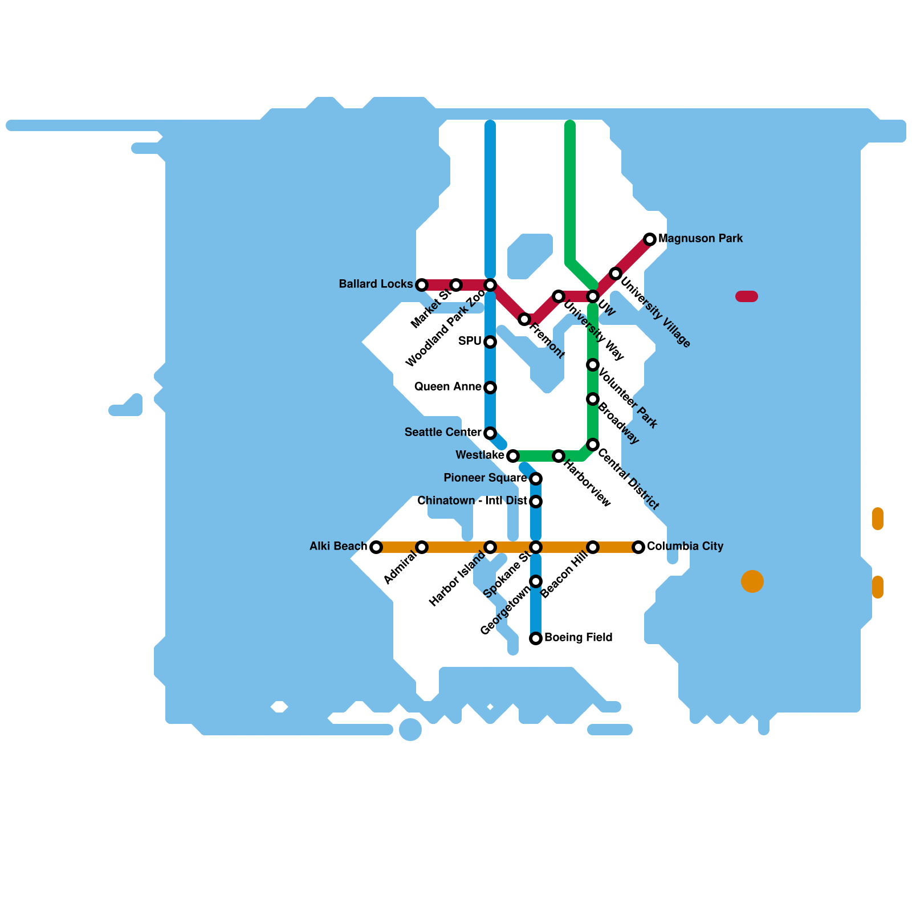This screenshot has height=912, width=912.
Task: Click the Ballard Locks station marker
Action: click(422, 285)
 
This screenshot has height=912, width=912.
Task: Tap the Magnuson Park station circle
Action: click(650, 239)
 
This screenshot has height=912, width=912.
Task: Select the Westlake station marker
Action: click(513, 456)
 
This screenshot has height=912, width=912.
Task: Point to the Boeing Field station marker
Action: click(536, 638)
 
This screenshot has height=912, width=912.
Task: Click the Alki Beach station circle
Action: click(376, 547)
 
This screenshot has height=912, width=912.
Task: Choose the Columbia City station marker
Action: click(638, 547)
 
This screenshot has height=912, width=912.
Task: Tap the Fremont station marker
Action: click(524, 319)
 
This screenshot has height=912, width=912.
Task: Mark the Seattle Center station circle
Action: click(490, 433)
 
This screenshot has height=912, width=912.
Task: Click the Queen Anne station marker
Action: click(490, 388)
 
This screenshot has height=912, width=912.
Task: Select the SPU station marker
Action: click(490, 342)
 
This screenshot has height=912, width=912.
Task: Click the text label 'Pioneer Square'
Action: click(485, 478)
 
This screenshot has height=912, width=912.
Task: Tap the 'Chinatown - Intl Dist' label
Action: click(472, 500)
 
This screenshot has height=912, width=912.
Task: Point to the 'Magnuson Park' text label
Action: click(701, 238)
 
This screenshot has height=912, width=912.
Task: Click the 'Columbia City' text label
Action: click(685, 546)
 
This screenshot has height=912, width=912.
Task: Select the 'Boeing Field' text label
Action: click(579, 637)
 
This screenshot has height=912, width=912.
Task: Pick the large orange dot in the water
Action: click(752, 581)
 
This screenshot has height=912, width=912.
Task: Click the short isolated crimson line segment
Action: click(747, 296)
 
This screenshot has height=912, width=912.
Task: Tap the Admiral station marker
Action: click(422, 547)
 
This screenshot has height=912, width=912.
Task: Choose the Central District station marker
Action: click(593, 445)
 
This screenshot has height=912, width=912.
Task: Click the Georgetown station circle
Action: click(536, 581)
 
